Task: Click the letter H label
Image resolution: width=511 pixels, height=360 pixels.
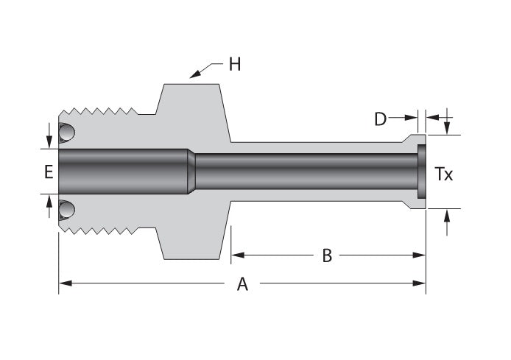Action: pyautogui.click(x=234, y=64)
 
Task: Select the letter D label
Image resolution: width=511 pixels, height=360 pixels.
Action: pyautogui.click(x=380, y=118)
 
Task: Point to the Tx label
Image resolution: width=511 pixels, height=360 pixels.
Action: pyautogui.click(x=443, y=174)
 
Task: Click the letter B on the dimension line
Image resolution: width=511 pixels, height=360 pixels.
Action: pyautogui.click(x=327, y=255)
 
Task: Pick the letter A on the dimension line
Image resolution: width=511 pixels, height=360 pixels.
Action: pyautogui.click(x=242, y=283)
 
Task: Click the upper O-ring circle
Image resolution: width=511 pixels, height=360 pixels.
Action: pyautogui.click(x=67, y=133)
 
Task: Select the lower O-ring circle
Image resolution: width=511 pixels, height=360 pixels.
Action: pyautogui.click(x=67, y=210)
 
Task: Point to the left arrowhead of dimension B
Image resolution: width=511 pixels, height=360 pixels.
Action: pyautogui.click(x=236, y=255)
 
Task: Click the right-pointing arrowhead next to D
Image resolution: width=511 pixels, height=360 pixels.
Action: pyautogui.click(x=412, y=117)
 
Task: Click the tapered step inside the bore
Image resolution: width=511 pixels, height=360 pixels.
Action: pyautogui.click(x=191, y=171)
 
